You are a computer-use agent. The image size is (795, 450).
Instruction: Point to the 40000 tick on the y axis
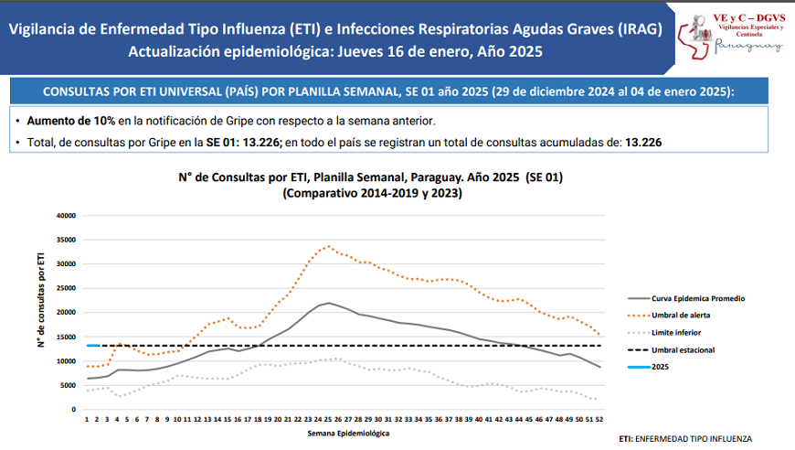(x=63, y=216)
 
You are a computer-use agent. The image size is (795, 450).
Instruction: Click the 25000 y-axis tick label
(x=63, y=288)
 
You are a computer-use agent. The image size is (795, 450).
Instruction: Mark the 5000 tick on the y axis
(x=66, y=385)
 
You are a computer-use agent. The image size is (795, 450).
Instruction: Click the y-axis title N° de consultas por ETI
(x=41, y=302)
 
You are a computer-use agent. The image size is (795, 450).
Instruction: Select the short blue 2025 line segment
(x=92, y=346)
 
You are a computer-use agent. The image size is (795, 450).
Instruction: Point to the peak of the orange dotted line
(x=329, y=246)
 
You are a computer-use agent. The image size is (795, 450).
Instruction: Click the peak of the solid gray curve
(x=329, y=303)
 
